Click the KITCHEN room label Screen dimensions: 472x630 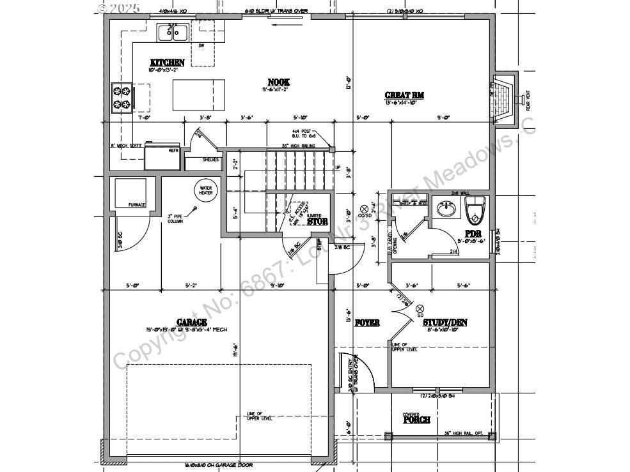(167, 63)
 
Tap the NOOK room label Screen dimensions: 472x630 (278, 82)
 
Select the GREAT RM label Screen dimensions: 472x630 (404, 95)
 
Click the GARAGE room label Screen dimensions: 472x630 (191, 322)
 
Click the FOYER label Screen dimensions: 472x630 (367, 323)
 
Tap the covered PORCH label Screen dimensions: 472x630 (416, 420)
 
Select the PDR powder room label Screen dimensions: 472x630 (473, 234)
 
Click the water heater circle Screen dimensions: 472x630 (206, 190)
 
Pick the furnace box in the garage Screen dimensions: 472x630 (130, 193)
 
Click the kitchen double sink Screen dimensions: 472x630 (173, 32)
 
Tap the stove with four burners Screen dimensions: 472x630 (122, 97)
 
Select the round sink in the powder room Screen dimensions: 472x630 (446, 208)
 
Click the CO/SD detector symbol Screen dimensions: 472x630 (365, 208)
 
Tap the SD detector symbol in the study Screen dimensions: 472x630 (420, 308)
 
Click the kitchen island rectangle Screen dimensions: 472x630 (200, 95)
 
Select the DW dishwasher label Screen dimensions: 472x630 (201, 45)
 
